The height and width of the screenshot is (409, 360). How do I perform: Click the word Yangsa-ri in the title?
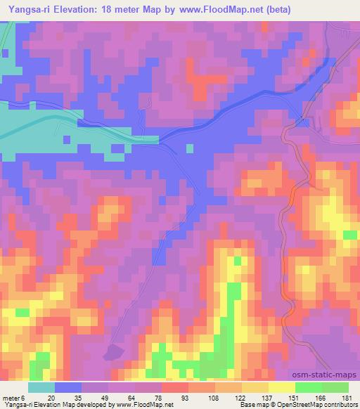(29, 9)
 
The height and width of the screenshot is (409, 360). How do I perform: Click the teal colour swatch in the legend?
(41, 387)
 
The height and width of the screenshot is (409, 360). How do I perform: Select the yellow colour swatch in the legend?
(282, 387)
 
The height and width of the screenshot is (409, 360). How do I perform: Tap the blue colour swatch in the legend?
(68, 387)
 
